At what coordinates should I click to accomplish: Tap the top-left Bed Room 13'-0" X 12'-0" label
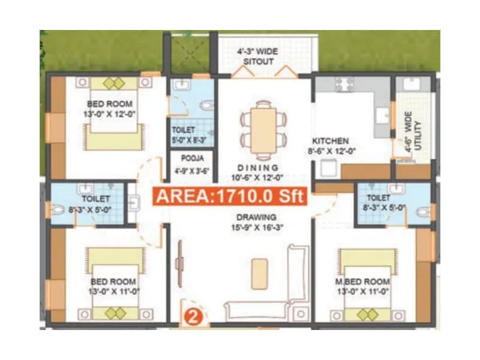click(x=111, y=109)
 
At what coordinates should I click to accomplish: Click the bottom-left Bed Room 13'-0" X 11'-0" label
click(x=115, y=286)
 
